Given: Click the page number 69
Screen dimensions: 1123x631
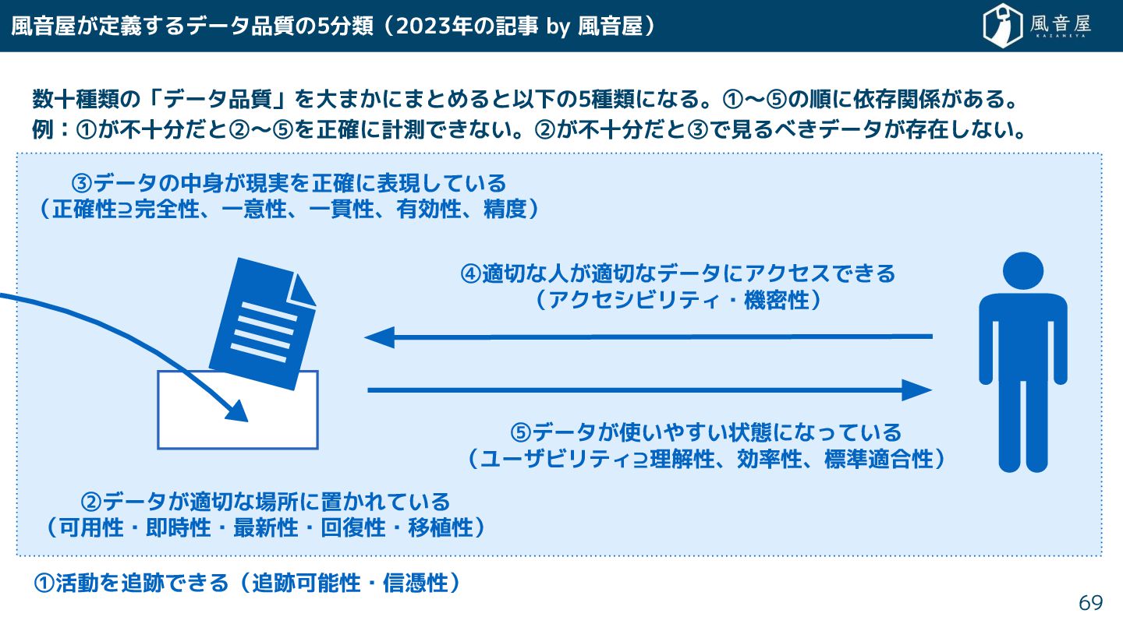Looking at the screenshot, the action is tap(1090, 603).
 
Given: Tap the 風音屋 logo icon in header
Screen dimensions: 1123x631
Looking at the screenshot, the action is tap(1002, 26).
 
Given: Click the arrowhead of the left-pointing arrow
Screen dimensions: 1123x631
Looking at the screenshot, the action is tap(379, 337).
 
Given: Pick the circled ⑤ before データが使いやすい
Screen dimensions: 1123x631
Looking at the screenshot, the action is tap(520, 432).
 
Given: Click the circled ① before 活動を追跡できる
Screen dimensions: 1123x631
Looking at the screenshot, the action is tap(44, 583).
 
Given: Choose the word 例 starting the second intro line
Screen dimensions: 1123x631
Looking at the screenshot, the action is tap(43, 129).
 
